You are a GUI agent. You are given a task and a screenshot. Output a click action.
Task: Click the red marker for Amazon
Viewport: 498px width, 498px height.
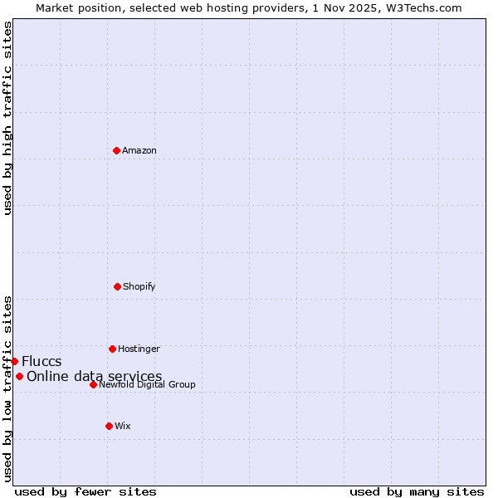pyautogui.click(x=116, y=150)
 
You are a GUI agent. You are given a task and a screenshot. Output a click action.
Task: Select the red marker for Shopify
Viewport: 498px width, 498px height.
pyautogui.click(x=117, y=286)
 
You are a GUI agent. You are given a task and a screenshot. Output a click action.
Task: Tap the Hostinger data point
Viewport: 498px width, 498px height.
pyautogui.click(x=112, y=349)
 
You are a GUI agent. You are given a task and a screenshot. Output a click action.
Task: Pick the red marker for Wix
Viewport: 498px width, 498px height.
pyautogui.click(x=109, y=426)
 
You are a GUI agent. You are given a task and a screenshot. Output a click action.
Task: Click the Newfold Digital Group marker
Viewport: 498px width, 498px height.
pyautogui.click(x=93, y=384)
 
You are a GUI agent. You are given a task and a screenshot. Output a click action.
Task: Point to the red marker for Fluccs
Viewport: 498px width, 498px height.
pyautogui.click(x=14, y=361)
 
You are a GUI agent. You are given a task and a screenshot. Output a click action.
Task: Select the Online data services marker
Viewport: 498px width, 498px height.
pyautogui.click(x=19, y=376)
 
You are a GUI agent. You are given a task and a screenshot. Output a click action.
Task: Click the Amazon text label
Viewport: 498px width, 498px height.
pyautogui.click(x=139, y=150)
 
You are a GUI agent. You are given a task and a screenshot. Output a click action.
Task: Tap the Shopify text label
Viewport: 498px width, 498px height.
pyautogui.click(x=139, y=286)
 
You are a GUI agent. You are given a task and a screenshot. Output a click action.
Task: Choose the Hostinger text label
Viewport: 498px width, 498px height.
pyautogui.click(x=139, y=349)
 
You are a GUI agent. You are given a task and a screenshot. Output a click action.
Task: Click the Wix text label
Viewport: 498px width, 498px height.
pyautogui.click(x=123, y=426)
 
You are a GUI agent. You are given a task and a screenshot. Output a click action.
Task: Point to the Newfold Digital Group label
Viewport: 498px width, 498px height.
pyautogui.click(x=147, y=384)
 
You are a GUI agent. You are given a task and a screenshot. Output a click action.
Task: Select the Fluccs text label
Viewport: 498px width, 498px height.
pyautogui.click(x=41, y=361)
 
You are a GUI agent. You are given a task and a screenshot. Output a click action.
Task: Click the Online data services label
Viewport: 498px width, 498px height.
pyautogui.click(x=94, y=376)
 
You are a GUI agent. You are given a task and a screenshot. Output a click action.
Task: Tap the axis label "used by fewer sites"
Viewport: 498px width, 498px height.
pyautogui.click(x=85, y=491)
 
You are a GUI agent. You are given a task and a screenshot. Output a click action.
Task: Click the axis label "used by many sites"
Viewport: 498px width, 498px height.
pyautogui.click(x=417, y=491)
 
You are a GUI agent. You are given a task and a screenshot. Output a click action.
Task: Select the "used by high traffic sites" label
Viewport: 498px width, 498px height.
pyautogui.click(x=7, y=118)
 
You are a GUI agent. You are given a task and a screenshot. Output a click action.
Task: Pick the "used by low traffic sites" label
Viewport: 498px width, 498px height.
pyautogui.click(x=7, y=388)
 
